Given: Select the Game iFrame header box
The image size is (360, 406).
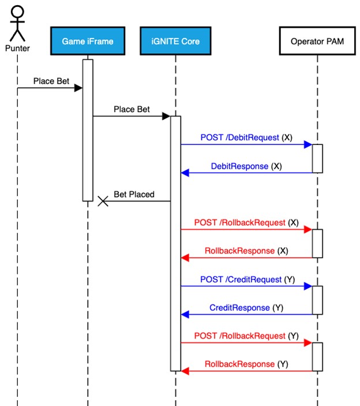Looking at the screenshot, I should (88, 42).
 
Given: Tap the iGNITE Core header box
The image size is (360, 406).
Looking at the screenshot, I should (175, 42).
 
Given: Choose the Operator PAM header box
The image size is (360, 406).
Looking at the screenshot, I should (317, 42).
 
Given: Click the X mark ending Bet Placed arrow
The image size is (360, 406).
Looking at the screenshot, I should (103, 201).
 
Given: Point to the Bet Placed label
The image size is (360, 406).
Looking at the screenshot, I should (134, 195).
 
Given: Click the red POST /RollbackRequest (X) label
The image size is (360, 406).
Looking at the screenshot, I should (246, 222).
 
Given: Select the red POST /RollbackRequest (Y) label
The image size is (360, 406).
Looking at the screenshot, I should (246, 336).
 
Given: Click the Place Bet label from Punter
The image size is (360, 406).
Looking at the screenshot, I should (51, 81).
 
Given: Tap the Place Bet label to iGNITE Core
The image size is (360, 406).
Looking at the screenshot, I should (132, 109).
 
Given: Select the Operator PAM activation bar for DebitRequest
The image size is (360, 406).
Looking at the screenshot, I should (317, 158).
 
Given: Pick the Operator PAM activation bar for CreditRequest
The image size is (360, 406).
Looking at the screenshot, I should (317, 300).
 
